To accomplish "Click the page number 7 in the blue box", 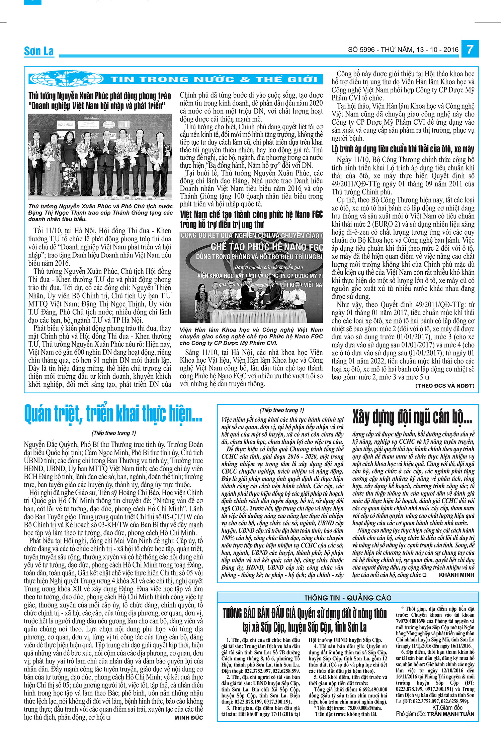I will coord(470,49).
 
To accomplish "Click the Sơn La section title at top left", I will coord(39,51).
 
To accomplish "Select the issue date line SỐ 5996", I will coord(403,50).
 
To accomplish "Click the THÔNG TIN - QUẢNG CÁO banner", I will coord(348,598).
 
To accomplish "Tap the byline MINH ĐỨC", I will coord(188,717).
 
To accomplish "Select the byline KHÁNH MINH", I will coord(456,575).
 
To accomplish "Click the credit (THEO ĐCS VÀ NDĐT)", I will coord(445,385).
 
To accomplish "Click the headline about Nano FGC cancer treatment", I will coord(251,219).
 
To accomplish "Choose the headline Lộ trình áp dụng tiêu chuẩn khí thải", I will coord(403,149).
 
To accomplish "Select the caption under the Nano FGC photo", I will coord(251,336).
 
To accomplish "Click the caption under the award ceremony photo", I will coord(100,213).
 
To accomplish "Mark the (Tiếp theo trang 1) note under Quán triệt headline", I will coord(114,433).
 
